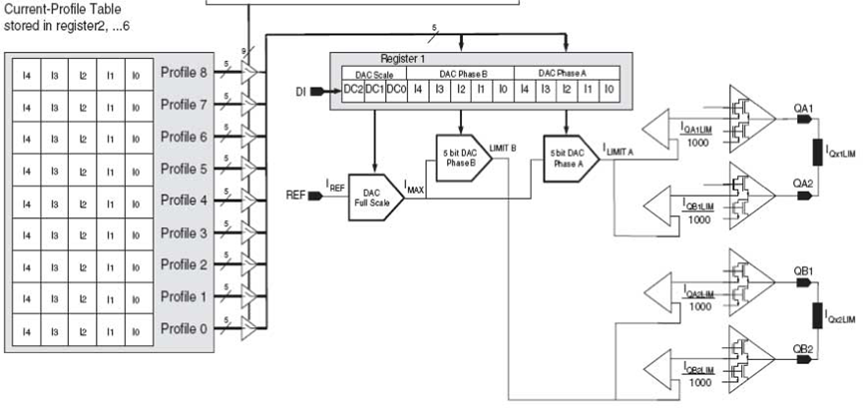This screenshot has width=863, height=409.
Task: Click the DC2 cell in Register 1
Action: click(350, 90)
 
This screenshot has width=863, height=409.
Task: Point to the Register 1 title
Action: click(402, 59)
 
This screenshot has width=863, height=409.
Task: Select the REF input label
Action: click(297, 196)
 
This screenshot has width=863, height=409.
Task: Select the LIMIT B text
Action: click(503, 147)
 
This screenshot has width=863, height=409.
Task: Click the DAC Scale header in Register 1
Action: click(371, 74)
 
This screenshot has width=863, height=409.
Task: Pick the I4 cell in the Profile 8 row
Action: click(28, 73)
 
